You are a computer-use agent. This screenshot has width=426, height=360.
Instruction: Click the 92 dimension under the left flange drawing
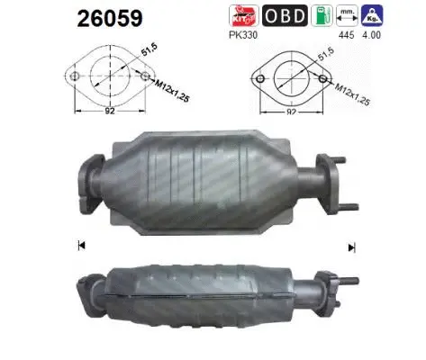[110, 112]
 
